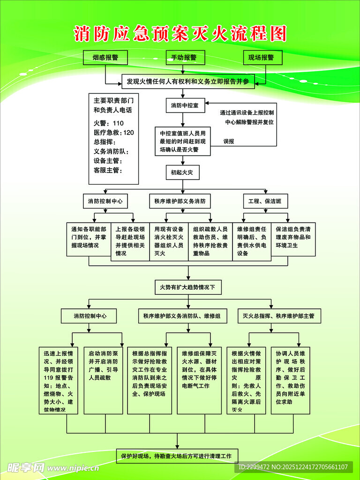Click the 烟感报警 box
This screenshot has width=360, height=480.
pyautogui.click(x=105, y=57)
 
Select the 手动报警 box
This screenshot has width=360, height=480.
pyautogui.click(x=184, y=57)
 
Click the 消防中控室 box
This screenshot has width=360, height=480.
pyautogui.click(x=185, y=105)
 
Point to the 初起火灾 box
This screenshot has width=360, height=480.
pyautogui.click(x=182, y=172)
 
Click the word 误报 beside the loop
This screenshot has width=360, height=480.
pyautogui.click(x=229, y=141)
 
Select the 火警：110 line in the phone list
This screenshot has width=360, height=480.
pyautogui.click(x=109, y=123)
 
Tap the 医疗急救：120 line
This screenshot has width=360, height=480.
pyautogui.click(x=113, y=133)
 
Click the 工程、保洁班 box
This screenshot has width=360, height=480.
pyautogui.click(x=265, y=202)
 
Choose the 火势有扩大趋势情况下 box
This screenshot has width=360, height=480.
pyautogui.click(x=187, y=286)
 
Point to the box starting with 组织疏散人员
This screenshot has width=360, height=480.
pyautogui.click(x=210, y=240)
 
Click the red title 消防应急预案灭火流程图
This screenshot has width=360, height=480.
pyautogui.click(x=180, y=34)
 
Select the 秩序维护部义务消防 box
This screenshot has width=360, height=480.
pyautogui.click(x=180, y=202)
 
